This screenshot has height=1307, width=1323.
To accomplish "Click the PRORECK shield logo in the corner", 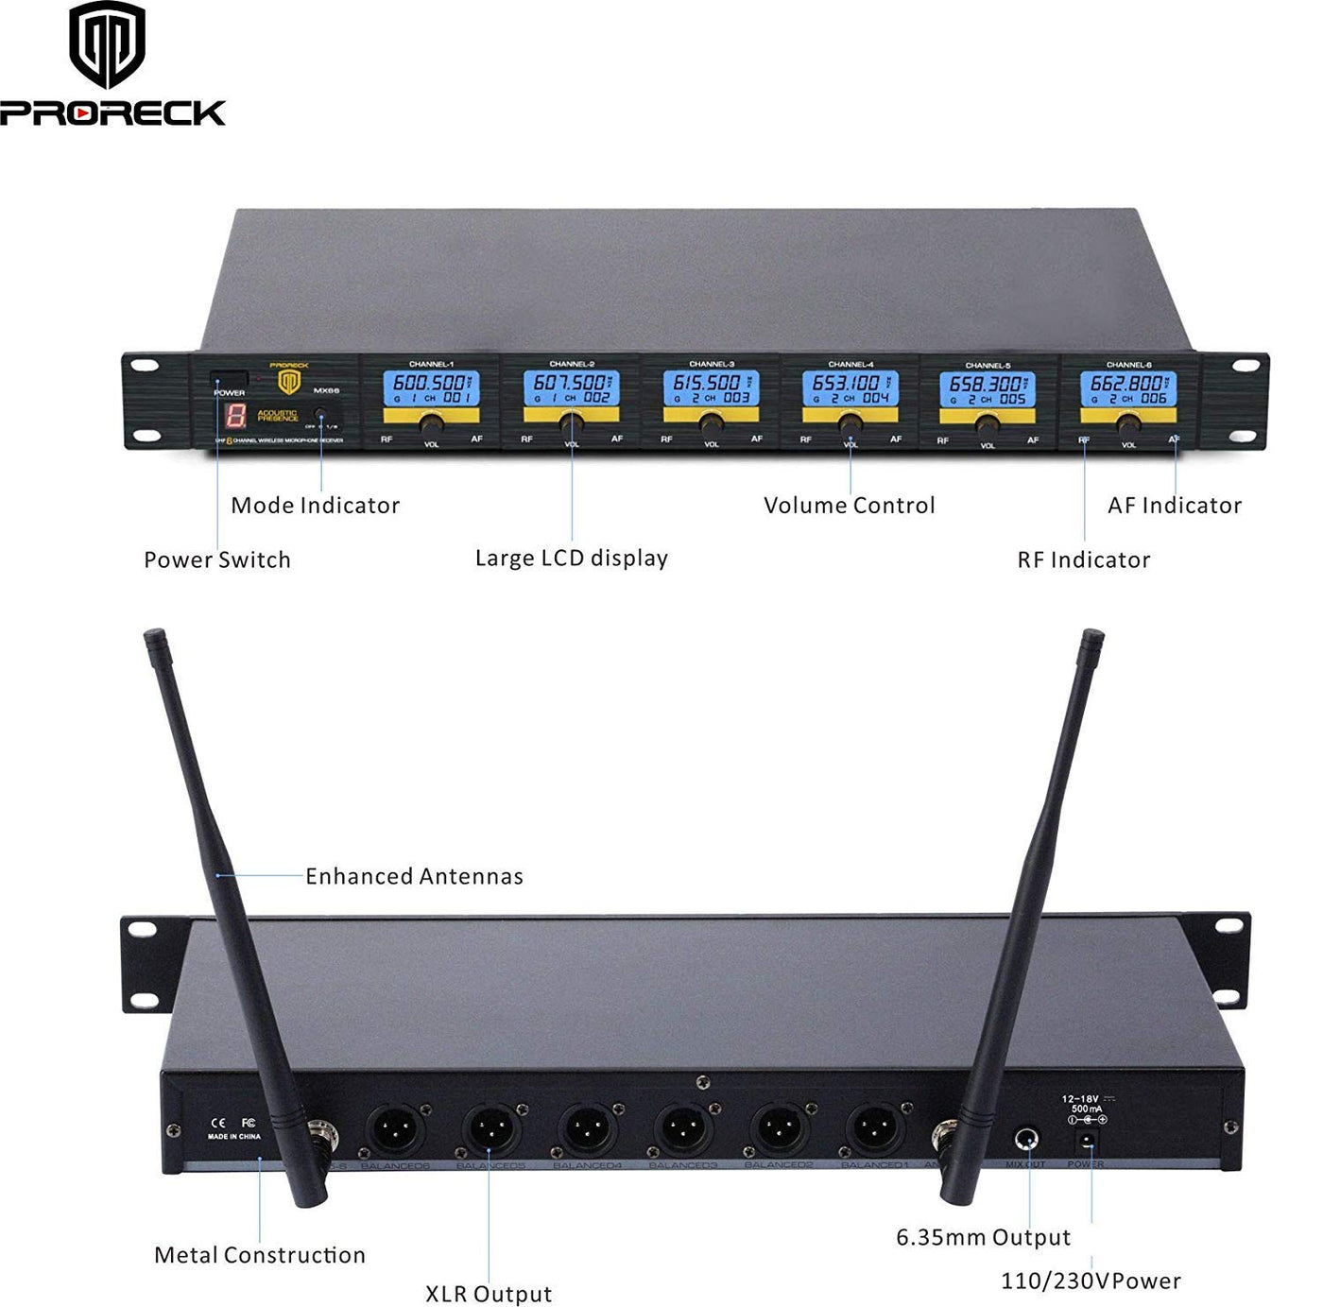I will [x=107, y=43].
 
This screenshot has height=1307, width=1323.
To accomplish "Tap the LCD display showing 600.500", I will [x=432, y=388].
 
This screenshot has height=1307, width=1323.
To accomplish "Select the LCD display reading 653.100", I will [x=850, y=388].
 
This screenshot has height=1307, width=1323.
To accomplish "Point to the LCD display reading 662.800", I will [x=1128, y=388].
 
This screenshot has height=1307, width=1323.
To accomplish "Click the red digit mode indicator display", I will [x=235, y=415].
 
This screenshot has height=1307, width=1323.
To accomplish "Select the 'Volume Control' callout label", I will [x=849, y=506].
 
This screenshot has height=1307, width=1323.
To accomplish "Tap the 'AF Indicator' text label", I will [x=1174, y=506].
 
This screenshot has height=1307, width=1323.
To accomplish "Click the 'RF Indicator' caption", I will [x=1083, y=559].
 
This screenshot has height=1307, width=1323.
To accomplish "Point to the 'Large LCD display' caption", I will [x=571, y=559].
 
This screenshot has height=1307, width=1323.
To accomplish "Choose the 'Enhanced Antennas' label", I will [x=414, y=877].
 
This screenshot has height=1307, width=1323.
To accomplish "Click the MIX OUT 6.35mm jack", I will [x=1026, y=1139].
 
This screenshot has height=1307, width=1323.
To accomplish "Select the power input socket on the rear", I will [x=1086, y=1142].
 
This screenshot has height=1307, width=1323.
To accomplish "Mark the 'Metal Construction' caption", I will [x=260, y=1255].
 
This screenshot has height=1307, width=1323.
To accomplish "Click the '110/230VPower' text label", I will [x=1091, y=1281].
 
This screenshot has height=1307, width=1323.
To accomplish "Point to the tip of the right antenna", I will [x=1094, y=638].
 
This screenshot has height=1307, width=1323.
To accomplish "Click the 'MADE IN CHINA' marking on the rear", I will [x=233, y=1136].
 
